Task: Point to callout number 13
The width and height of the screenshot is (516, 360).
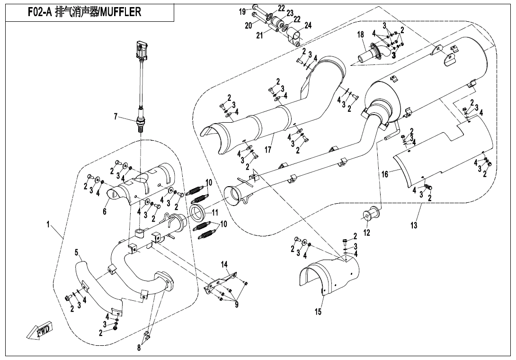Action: [x=414, y=225]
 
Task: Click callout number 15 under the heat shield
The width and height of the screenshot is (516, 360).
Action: [x=318, y=312]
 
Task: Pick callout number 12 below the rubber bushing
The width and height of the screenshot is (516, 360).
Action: [x=367, y=233]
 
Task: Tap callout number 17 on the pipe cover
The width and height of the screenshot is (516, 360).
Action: [x=268, y=150]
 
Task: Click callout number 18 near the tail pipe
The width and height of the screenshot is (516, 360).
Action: [x=360, y=35]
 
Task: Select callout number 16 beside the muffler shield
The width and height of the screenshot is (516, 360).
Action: [x=385, y=174]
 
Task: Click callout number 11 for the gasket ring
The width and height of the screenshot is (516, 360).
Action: [x=215, y=212]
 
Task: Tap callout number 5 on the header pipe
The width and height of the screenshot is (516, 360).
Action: [x=76, y=252]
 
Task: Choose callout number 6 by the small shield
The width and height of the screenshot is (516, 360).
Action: [x=105, y=212]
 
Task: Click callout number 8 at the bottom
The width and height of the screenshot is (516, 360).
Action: [x=139, y=348]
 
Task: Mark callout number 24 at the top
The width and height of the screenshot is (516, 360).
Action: [x=308, y=25]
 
